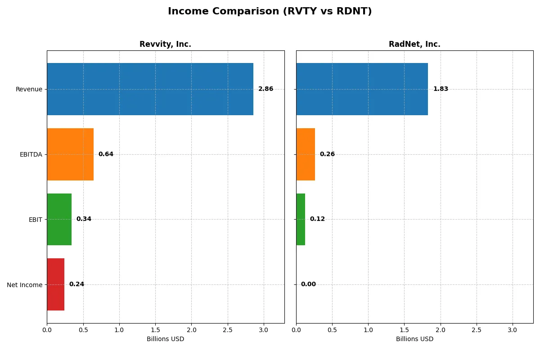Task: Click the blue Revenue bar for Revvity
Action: click(150, 89)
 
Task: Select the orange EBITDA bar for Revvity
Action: click(70, 154)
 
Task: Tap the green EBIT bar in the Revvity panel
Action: click(59, 219)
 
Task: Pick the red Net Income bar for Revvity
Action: click(55, 284)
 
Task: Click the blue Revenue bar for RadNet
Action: click(362, 89)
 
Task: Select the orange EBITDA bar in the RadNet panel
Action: click(306, 154)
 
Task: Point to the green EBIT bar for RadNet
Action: click(301, 219)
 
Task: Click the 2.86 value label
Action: click(265, 89)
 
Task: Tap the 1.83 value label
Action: click(441, 89)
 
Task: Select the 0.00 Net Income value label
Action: click(308, 284)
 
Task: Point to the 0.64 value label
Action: click(106, 154)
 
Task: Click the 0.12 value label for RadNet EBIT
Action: click(317, 219)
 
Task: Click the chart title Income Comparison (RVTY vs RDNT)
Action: click(270, 12)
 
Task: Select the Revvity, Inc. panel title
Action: click(165, 45)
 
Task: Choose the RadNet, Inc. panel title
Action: click(414, 45)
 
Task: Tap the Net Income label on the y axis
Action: click(25, 285)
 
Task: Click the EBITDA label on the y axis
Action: click(31, 155)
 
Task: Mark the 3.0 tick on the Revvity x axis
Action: click(264, 330)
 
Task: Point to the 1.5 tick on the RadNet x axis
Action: click(404, 330)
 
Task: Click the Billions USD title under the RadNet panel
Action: click(414, 339)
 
